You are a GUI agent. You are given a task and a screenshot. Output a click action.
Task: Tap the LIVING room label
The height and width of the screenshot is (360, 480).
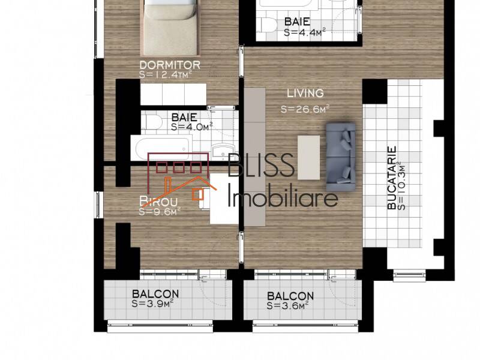pos(305,93)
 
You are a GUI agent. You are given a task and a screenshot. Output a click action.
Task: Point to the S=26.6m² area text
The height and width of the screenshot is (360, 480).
pos(305,109)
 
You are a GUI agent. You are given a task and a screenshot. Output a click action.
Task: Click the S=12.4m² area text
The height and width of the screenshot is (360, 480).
pos(165,74)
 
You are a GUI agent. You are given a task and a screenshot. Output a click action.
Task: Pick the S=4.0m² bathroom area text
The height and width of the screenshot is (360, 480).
pos(192,127)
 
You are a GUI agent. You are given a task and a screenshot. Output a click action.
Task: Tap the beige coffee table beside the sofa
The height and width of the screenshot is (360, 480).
pos(310,157)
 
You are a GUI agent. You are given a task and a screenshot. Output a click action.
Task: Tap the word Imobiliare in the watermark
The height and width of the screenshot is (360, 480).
pos(284,197)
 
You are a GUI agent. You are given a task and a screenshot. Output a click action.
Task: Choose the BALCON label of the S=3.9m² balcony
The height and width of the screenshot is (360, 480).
pos(155,294)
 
